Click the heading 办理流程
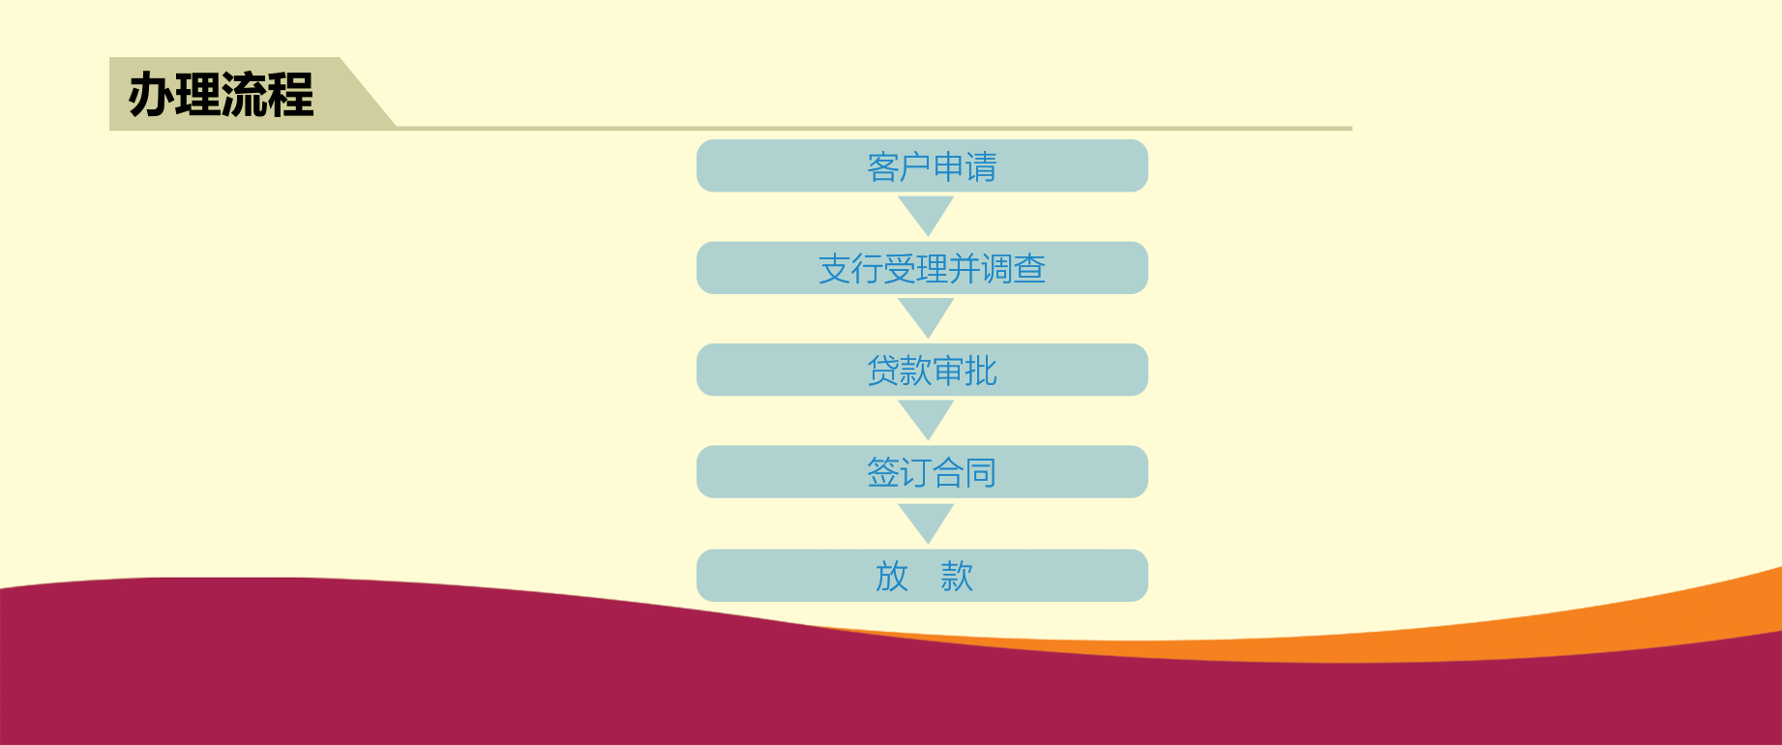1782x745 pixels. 222,95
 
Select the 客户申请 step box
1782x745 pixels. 922,165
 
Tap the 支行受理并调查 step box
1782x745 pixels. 922,268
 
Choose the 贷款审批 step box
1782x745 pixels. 922,370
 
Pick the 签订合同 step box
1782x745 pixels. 922,472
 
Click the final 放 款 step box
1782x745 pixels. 922,576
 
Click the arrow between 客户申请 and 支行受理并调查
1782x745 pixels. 927,214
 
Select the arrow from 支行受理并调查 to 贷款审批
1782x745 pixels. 927,316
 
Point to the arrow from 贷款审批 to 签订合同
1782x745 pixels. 927,419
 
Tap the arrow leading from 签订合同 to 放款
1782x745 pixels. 927,522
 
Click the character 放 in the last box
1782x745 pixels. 892,576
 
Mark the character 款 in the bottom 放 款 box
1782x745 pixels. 957,576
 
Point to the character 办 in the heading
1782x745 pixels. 151,95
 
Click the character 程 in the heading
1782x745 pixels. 292,95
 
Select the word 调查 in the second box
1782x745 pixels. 1013,268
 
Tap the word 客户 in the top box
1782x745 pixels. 899,166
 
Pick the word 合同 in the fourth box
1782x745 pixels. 965,472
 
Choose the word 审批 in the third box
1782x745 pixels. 965,371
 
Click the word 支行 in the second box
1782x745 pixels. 850,268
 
